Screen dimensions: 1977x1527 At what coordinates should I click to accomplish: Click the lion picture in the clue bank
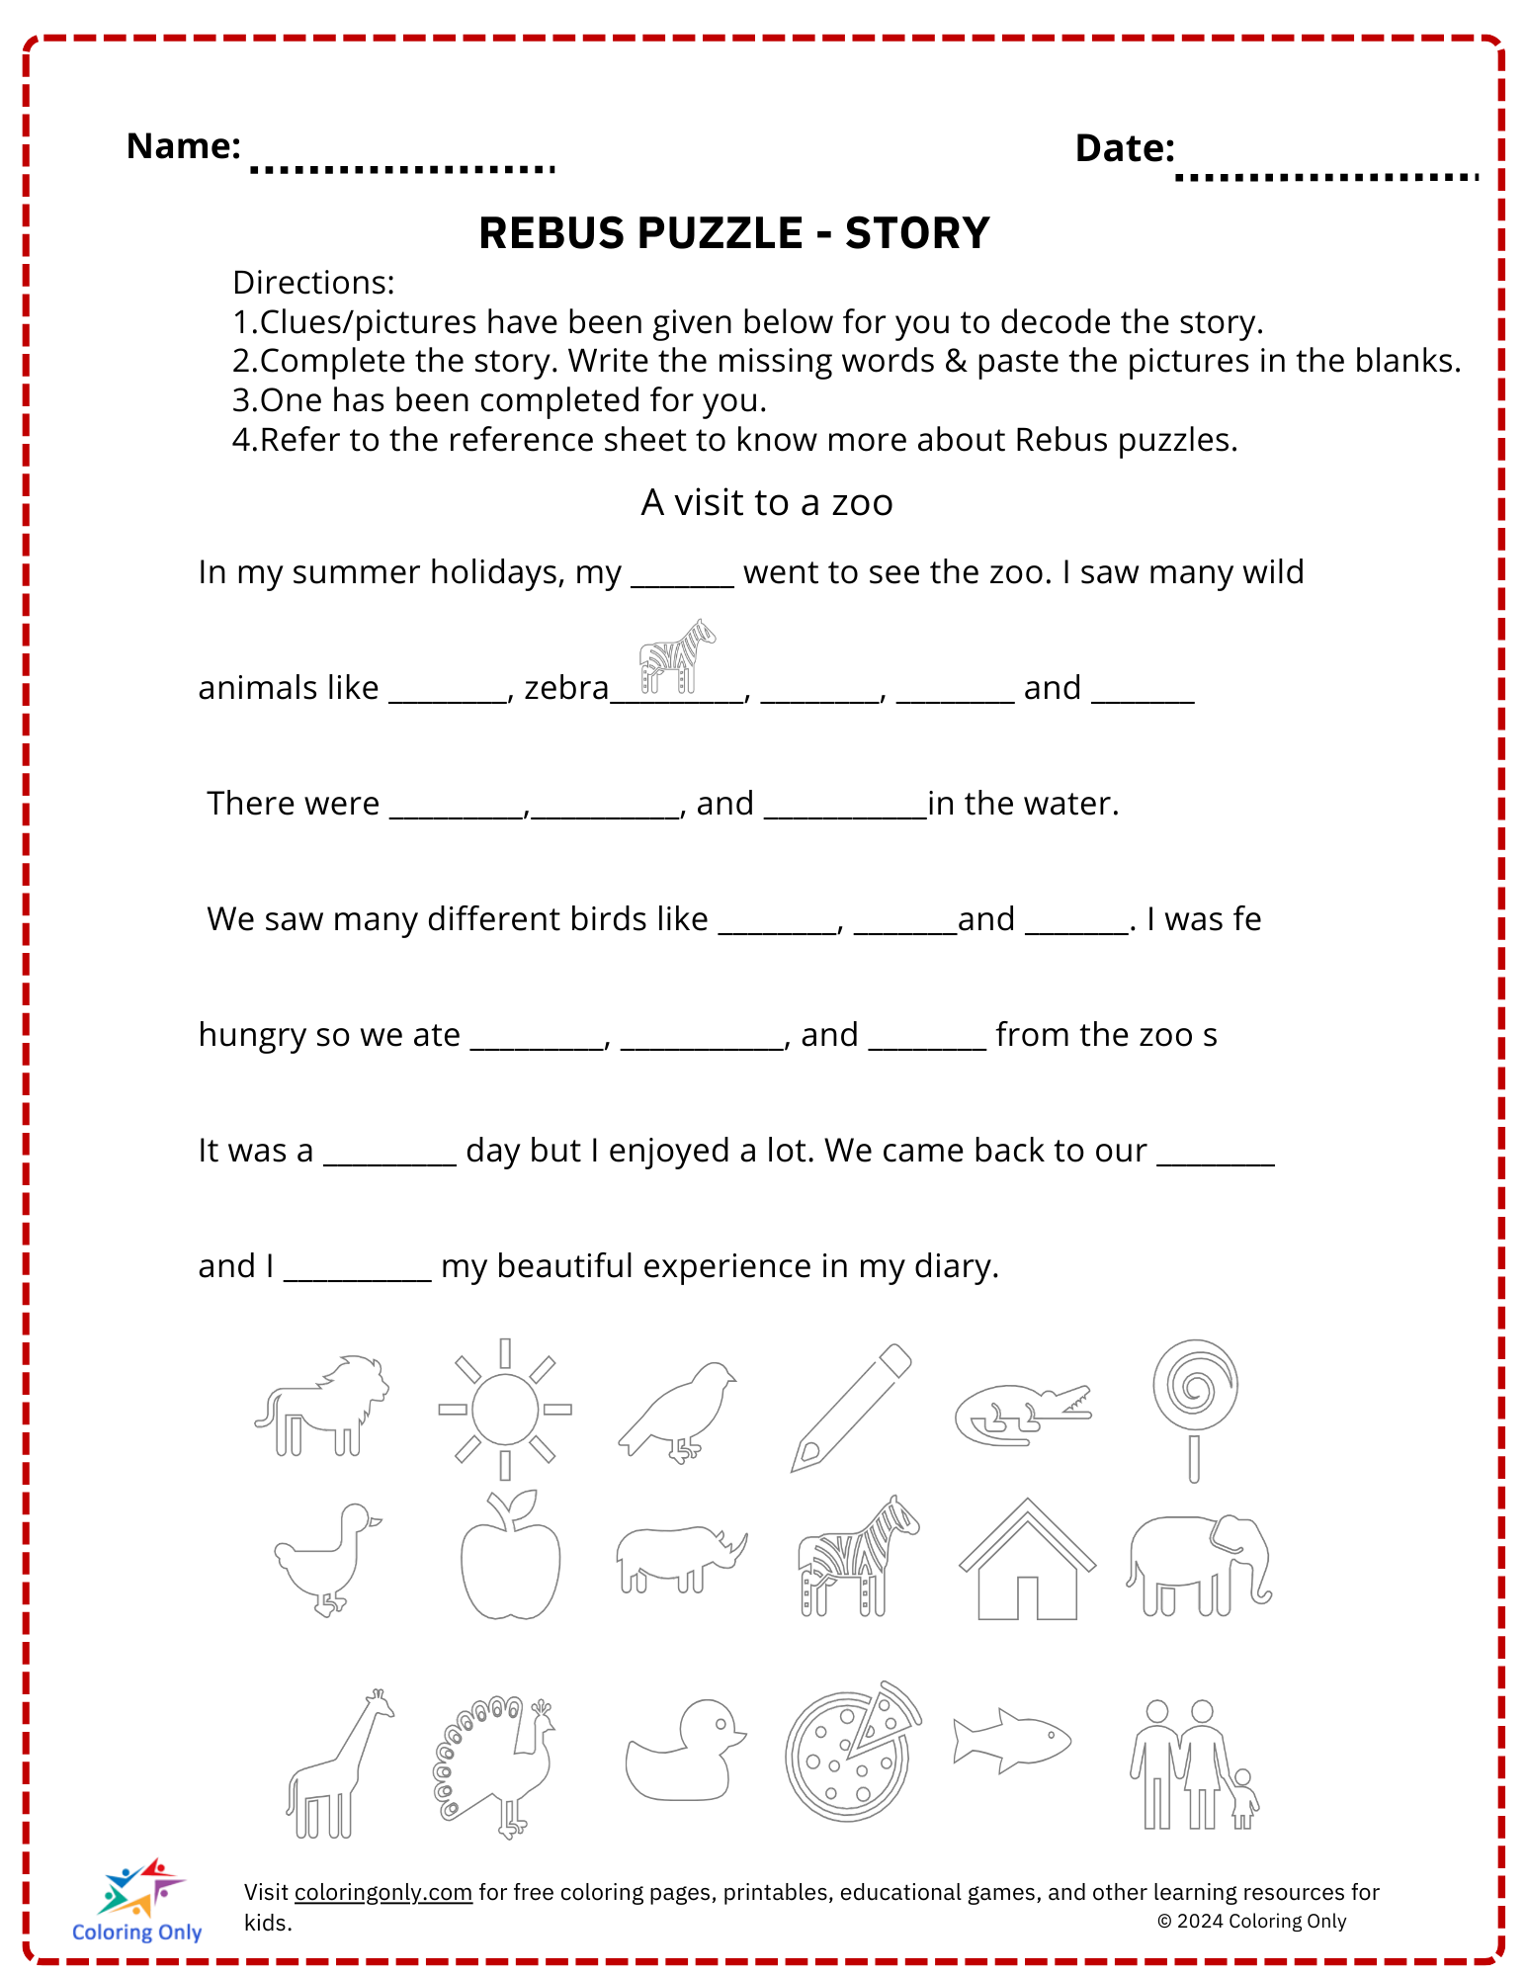322,1405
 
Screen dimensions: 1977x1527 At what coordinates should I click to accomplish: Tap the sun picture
505,1409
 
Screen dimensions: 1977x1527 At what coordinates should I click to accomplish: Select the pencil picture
851,1408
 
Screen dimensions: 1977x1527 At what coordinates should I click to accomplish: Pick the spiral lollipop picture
1195,1408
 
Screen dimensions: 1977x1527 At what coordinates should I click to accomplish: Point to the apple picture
510,1558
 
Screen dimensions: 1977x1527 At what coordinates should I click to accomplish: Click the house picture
1027,1562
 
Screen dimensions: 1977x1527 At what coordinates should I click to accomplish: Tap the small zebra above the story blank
677,655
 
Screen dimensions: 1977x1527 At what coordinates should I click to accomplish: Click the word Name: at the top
184,146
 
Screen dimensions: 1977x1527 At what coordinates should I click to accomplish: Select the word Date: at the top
1125,148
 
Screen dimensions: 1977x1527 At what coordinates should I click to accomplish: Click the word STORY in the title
917,233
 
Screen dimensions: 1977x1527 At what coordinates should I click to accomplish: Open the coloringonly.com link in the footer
383,1892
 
